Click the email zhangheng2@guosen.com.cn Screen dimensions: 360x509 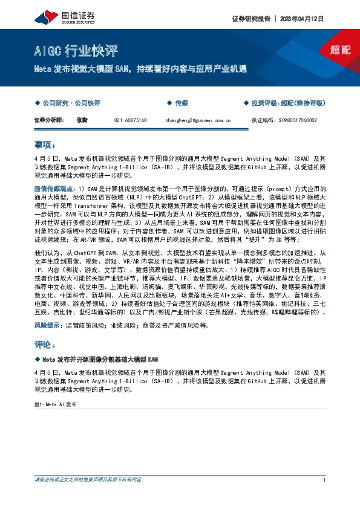[198, 120]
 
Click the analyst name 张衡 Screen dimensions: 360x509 [82, 120]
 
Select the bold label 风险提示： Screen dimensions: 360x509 [48, 325]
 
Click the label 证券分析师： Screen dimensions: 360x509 [50, 120]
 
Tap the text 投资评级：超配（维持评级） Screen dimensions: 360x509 [288, 103]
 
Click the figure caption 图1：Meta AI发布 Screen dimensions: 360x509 [56, 403]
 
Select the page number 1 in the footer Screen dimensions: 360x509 [325, 480]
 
